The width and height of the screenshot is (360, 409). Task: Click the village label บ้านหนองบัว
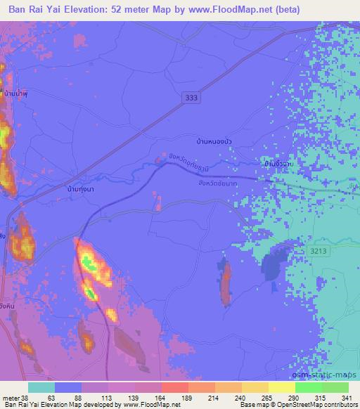point(214,141)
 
